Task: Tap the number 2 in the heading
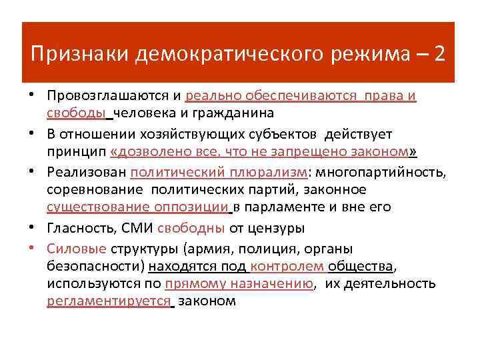[440, 53]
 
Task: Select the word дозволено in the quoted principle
[151, 151]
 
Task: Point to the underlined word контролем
[280, 267]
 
